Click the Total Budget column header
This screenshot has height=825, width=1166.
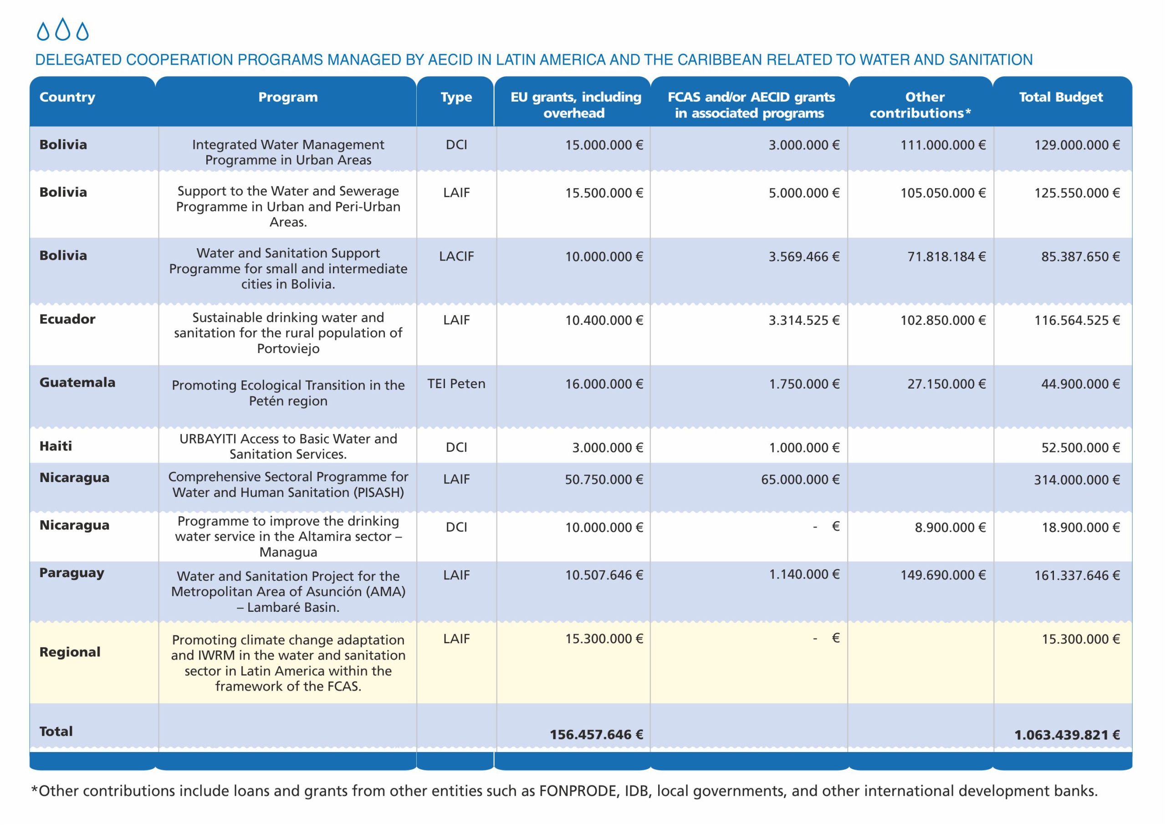pyautogui.click(x=1060, y=97)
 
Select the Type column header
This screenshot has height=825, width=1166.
pyautogui.click(x=456, y=97)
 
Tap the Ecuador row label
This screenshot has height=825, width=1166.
pyautogui.click(x=67, y=319)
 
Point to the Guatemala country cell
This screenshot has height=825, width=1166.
pyautogui.click(x=77, y=383)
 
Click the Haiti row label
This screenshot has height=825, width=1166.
pyautogui.click(x=56, y=446)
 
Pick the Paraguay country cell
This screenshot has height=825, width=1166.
pyautogui.click(x=72, y=573)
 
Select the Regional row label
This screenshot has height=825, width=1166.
pyautogui.click(x=70, y=652)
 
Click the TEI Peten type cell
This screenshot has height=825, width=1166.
pyautogui.click(x=456, y=384)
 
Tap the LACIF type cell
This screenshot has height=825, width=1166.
pyautogui.click(x=456, y=256)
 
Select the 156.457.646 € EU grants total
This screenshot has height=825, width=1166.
pyautogui.click(x=596, y=735)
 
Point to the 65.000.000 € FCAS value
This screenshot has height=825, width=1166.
pyautogui.click(x=800, y=480)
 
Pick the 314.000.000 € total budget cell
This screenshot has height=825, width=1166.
pyautogui.click(x=1077, y=480)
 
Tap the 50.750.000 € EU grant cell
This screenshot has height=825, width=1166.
pyautogui.click(x=604, y=480)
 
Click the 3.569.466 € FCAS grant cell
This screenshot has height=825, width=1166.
pyautogui.click(x=803, y=256)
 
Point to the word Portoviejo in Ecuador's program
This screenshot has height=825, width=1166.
pyautogui.click(x=288, y=348)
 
